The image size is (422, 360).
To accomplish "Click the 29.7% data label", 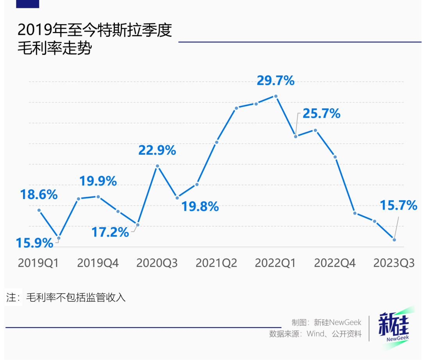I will (275, 81).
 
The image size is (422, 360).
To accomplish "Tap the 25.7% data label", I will (321, 114).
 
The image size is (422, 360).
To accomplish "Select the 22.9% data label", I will (157, 150).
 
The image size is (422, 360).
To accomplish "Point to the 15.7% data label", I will (399, 205).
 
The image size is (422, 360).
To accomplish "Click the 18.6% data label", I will (39, 194).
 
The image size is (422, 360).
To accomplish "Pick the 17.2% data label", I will (110, 232).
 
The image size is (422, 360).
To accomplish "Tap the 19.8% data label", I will (200, 206).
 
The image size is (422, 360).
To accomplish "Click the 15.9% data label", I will (34, 243).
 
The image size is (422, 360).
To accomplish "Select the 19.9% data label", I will (98, 181).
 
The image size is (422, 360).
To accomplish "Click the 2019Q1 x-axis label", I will (38, 263).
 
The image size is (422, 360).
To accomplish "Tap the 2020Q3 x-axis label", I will (157, 263).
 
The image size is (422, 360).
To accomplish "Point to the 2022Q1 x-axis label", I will (275, 263).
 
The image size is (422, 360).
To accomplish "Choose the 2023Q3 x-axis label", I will (394, 263).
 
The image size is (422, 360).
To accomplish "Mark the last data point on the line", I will (394, 240).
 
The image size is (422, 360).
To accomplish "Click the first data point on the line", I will (39, 210).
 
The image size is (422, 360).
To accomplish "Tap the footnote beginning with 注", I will (66, 297).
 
